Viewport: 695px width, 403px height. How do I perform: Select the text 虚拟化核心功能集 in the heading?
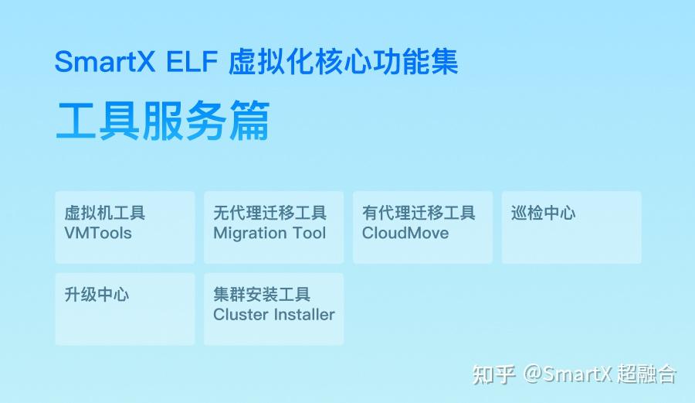tap(344, 63)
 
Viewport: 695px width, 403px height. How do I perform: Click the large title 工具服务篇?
tap(162, 121)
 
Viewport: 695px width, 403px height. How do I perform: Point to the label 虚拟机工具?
tap(104, 213)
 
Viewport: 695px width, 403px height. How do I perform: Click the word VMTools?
tap(98, 233)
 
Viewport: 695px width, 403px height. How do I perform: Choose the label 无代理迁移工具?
tap(270, 213)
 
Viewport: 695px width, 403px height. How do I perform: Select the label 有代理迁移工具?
tap(419, 213)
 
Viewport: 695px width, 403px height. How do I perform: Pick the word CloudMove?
tap(405, 233)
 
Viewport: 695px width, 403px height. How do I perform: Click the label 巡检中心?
tap(543, 213)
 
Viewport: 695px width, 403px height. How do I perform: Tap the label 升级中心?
tap(97, 294)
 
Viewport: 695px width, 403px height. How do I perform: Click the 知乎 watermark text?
tap(493, 375)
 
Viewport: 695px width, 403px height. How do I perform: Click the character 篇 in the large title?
tap(249, 121)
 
